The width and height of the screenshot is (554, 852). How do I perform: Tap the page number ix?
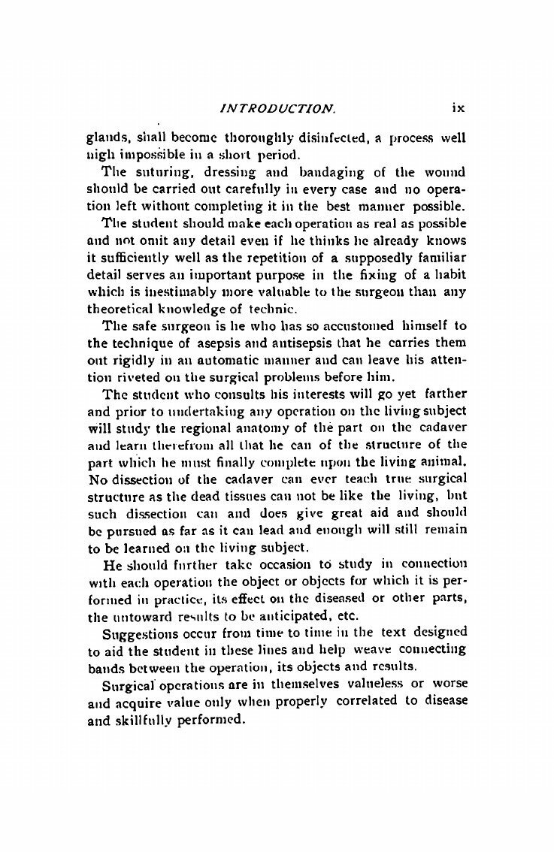(x=459, y=107)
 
